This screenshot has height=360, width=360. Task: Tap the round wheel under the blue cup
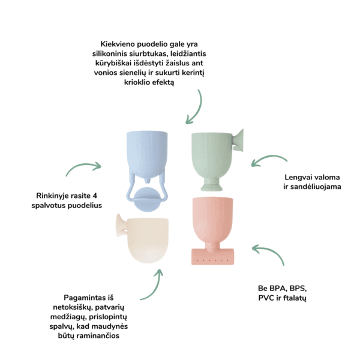point(147,199)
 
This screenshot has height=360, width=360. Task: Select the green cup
point(214,158)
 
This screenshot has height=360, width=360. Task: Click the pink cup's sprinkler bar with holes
point(212,257)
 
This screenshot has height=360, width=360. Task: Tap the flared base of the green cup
point(211,185)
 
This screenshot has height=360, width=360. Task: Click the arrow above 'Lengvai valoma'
point(269,157)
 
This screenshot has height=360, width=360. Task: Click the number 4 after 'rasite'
point(95,196)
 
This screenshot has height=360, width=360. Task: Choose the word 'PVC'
point(266,298)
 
